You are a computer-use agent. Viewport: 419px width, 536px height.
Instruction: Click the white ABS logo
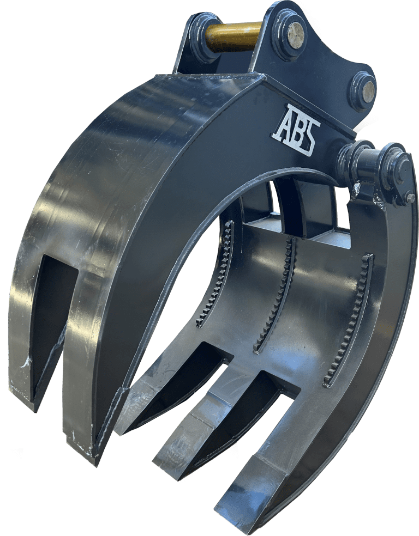point(296,130)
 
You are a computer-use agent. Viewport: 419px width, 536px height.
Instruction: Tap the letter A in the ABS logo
point(283,123)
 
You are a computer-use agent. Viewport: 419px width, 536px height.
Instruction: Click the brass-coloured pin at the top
point(234,35)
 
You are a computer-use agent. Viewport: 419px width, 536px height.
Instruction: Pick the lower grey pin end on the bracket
point(369,92)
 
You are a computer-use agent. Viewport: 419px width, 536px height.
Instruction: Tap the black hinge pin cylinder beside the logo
point(369,168)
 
